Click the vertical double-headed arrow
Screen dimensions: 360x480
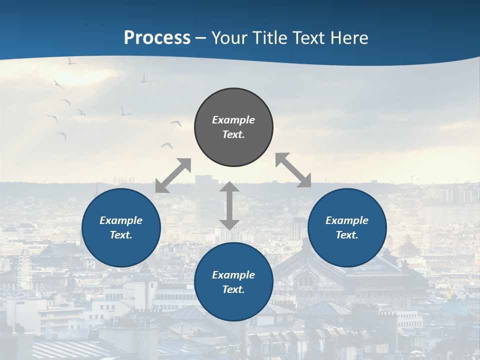coord(229,205)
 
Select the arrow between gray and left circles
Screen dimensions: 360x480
coord(173,175)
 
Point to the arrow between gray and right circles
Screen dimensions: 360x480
coord(293,170)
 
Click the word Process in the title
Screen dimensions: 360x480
coord(157,38)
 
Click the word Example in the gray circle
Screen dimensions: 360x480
coord(233,120)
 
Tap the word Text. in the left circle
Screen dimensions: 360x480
coord(121,235)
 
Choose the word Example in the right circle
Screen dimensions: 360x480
coord(347,220)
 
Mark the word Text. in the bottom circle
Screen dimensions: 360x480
coord(233,289)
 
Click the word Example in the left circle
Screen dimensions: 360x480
coord(121,220)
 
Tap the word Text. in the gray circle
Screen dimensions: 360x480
coord(233,134)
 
